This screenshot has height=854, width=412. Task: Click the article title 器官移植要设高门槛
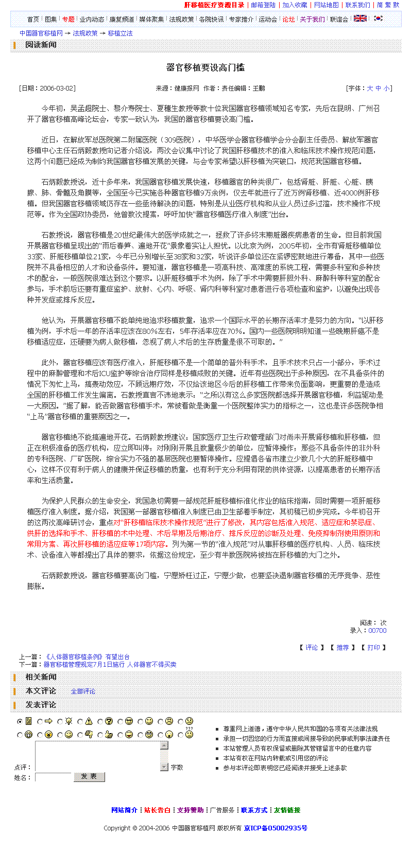tap(205, 67)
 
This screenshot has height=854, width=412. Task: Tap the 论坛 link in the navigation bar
tap(288, 20)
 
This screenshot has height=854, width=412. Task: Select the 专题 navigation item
tap(68, 20)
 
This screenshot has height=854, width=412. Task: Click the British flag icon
tap(360, 19)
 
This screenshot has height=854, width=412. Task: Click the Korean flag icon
tap(379, 19)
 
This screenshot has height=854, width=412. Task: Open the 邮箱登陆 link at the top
tap(263, 5)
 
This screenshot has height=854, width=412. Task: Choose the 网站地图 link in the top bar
tap(327, 5)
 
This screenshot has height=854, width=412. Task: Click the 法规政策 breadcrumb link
tap(85, 33)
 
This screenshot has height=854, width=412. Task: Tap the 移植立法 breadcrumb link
tap(120, 33)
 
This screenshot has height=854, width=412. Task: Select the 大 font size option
tap(370, 88)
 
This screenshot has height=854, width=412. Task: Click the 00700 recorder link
tap(377, 631)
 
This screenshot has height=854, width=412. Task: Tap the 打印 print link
tap(373, 648)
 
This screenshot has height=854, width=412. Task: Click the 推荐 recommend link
tap(342, 648)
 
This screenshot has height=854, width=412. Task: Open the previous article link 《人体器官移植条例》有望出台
tap(88, 657)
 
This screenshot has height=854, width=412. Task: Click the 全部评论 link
tap(83, 691)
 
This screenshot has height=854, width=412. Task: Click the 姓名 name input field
tap(53, 777)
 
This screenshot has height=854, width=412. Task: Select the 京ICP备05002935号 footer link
tap(276, 828)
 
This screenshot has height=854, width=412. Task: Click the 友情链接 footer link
tap(287, 810)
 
